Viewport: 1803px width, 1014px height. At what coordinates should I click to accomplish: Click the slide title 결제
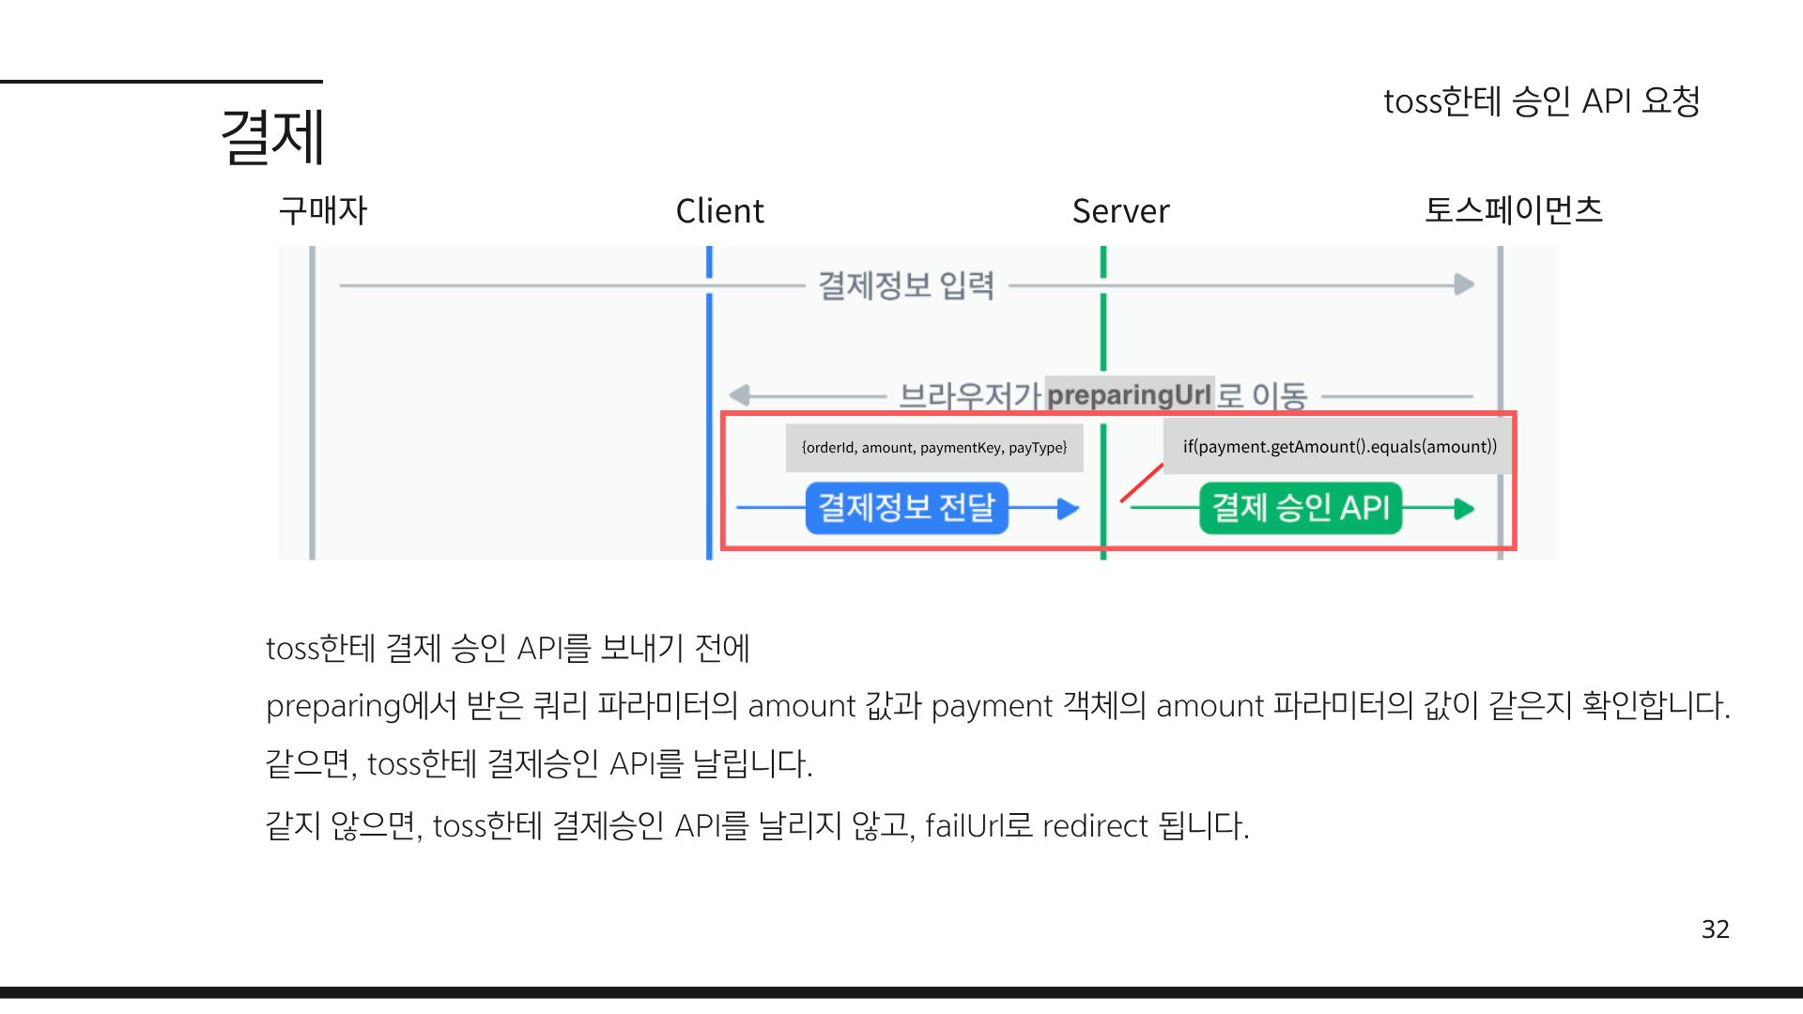click(272, 137)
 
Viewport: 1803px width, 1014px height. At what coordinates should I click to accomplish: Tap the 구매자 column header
click(322, 210)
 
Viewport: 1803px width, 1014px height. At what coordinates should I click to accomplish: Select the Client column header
click(719, 211)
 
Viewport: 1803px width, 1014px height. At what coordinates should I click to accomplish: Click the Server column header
click(1120, 211)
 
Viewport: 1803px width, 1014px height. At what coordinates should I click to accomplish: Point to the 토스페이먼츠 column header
click(1513, 209)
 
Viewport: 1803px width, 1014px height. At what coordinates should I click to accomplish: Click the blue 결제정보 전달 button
click(906, 508)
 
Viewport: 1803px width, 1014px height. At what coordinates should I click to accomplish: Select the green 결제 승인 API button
click(1300, 508)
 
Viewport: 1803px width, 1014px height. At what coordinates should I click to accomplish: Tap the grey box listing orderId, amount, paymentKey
click(933, 448)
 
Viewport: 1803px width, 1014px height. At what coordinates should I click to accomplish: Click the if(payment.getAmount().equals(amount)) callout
click(1339, 447)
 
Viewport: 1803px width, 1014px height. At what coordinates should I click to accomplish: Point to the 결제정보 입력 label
click(906, 284)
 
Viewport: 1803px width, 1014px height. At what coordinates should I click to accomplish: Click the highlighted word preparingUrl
click(1129, 394)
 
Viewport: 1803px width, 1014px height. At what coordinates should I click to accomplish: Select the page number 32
click(1715, 929)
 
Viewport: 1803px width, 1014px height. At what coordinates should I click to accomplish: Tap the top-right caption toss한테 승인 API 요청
click(1541, 101)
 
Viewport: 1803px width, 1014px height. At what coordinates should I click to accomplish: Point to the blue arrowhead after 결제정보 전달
click(1068, 509)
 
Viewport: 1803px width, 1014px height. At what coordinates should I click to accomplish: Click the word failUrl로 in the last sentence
click(979, 826)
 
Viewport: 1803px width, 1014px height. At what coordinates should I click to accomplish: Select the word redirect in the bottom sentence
click(1095, 826)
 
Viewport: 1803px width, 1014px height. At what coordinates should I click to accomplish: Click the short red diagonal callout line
click(1142, 483)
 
